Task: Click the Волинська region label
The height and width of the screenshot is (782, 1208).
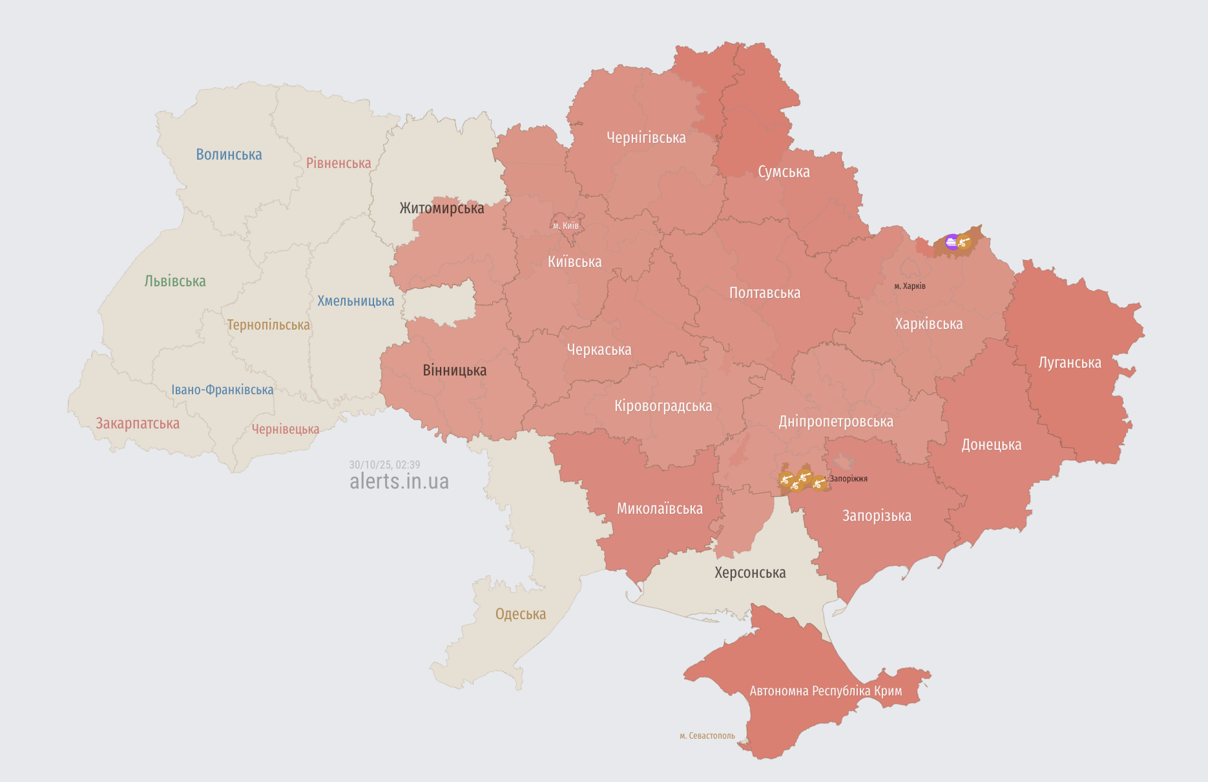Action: (x=229, y=154)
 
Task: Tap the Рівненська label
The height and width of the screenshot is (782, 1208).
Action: (x=338, y=163)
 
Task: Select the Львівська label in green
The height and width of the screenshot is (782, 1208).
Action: (x=175, y=281)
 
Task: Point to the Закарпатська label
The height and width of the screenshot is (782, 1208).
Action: (x=138, y=423)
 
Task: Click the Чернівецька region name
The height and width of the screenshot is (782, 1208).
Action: (x=285, y=429)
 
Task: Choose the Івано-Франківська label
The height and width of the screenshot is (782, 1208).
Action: (x=222, y=390)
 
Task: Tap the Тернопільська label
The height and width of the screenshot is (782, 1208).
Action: (x=268, y=324)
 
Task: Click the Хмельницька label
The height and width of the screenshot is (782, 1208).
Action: (x=355, y=301)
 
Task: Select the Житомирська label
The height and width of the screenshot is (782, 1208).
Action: (x=441, y=208)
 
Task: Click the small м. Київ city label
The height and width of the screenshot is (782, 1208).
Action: (x=566, y=226)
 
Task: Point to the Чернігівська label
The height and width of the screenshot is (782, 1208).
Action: (x=646, y=138)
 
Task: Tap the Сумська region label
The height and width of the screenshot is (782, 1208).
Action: (x=784, y=172)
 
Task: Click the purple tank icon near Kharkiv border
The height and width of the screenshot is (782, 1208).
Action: (x=952, y=242)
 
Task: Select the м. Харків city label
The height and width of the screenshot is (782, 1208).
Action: (x=910, y=286)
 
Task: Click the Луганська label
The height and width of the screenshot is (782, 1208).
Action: (x=1070, y=363)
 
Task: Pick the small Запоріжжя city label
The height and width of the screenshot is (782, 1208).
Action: (x=848, y=479)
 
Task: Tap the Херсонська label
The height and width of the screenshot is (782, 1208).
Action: (x=750, y=573)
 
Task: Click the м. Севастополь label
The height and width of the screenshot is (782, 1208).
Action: (x=707, y=735)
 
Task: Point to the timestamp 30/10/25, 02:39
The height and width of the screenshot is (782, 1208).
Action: (x=384, y=465)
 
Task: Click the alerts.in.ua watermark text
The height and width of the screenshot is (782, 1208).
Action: (x=399, y=481)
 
